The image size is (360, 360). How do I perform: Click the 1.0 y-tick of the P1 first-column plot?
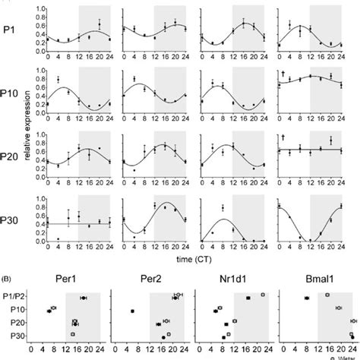(38, 8)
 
